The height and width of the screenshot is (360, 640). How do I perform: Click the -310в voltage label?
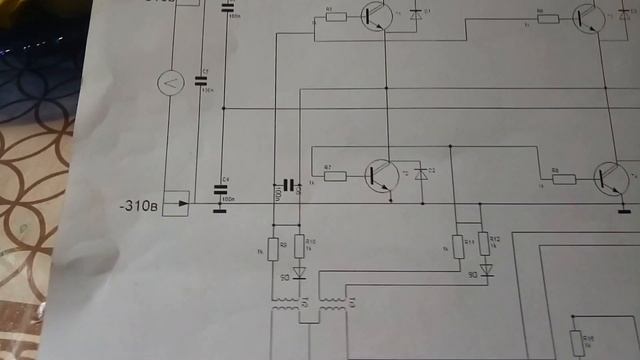point(137,207)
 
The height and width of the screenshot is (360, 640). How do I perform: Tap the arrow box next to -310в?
point(176,204)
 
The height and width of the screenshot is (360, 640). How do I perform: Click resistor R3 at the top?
point(336,17)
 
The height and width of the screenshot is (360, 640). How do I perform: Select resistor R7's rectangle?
point(335,176)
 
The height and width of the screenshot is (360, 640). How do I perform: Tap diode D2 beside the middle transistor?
point(421,174)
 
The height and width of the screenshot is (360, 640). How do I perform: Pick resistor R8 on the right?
point(564,180)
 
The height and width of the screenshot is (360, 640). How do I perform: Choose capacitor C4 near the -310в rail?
point(225,188)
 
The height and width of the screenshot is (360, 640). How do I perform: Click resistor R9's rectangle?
point(273,246)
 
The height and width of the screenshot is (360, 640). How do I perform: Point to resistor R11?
point(458,245)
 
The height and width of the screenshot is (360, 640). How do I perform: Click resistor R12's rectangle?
point(485,243)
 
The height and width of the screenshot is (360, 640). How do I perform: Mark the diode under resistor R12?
point(486,269)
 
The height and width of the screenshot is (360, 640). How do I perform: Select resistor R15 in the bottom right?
point(575,342)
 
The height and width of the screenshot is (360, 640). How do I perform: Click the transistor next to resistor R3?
point(376,16)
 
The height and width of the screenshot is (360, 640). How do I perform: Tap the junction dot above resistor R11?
point(452,146)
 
